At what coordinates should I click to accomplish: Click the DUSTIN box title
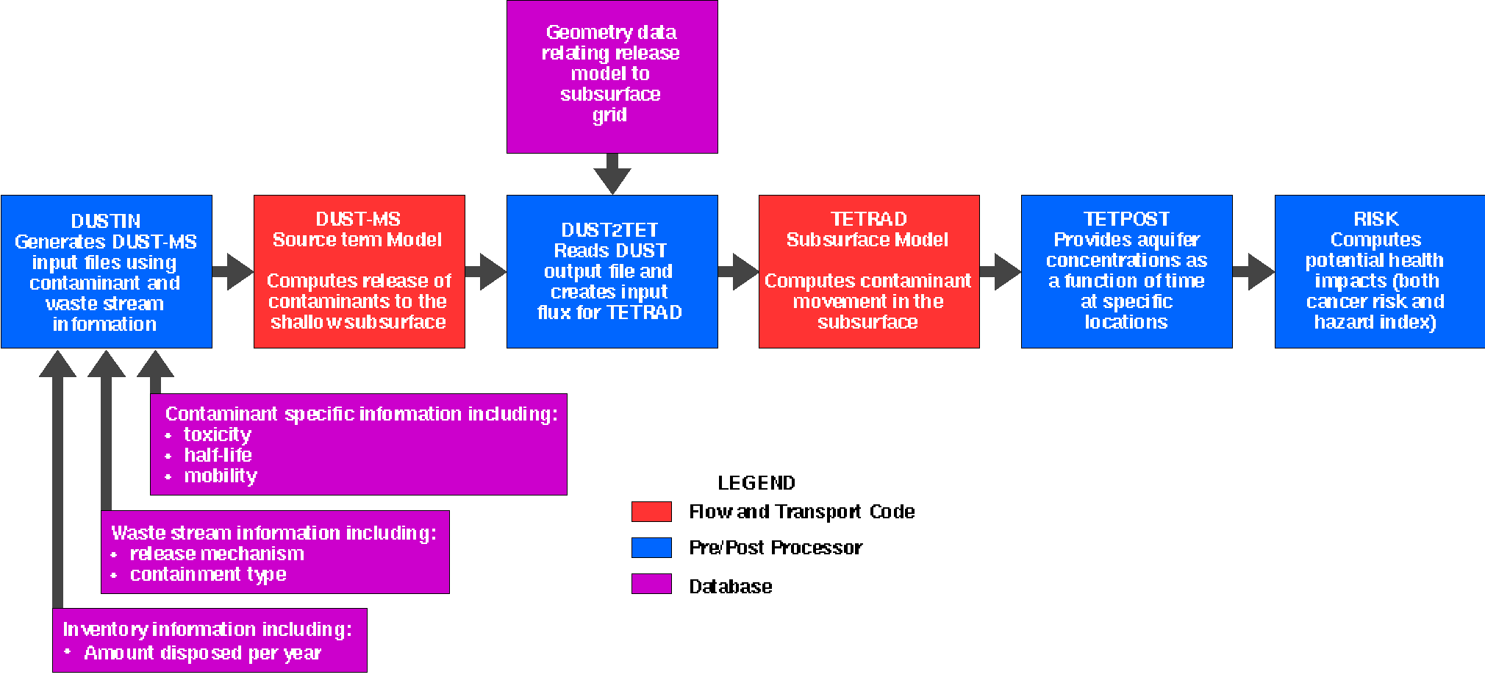(x=106, y=221)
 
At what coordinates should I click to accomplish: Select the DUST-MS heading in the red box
(x=358, y=219)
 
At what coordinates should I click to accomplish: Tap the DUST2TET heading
(x=610, y=230)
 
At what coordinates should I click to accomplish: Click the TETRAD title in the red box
(x=868, y=219)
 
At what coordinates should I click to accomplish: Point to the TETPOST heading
(x=1126, y=219)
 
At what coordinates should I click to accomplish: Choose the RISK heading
(x=1376, y=219)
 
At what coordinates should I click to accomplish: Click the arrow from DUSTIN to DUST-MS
(x=233, y=271)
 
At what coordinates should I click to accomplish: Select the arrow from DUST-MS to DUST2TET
(x=486, y=271)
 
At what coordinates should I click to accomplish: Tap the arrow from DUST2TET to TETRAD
(x=738, y=271)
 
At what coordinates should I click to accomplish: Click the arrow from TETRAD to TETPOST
(x=1001, y=271)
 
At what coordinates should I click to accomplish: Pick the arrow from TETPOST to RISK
(x=1253, y=271)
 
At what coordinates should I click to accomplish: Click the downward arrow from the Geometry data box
(x=612, y=174)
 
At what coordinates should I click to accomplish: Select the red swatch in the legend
(x=651, y=512)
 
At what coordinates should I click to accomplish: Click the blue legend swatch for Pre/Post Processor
(x=651, y=548)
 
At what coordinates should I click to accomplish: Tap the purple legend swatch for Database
(x=651, y=584)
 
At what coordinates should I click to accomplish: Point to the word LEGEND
(x=756, y=483)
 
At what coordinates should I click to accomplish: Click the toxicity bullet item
(x=218, y=434)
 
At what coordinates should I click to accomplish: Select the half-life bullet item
(x=218, y=455)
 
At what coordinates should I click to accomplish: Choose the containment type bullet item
(x=208, y=574)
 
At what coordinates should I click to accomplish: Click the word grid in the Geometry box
(x=610, y=115)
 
